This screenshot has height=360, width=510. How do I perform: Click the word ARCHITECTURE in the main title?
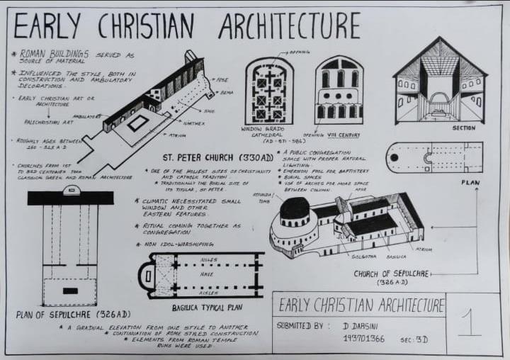[x=289, y=26]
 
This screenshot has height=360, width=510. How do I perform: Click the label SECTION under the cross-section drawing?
[x=463, y=128]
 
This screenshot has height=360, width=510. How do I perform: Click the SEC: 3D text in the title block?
[x=414, y=340]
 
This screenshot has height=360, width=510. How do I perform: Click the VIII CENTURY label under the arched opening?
[x=344, y=135]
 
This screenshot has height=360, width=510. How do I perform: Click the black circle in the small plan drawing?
[x=394, y=157]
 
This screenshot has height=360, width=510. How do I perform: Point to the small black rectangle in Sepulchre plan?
[x=70, y=291]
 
